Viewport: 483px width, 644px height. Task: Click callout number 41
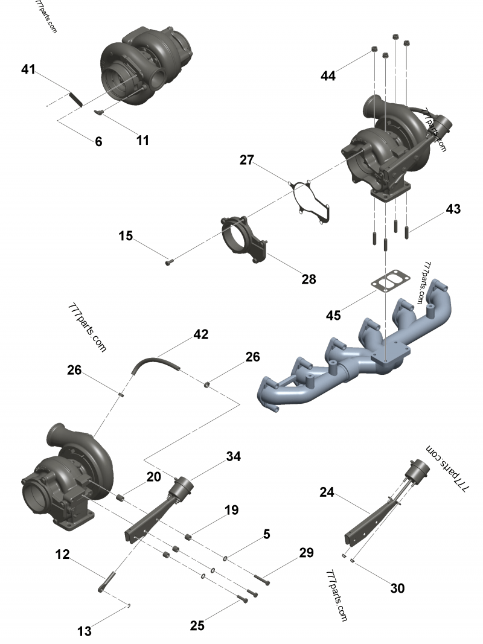[x=28, y=69]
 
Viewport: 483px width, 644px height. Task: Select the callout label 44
[x=328, y=76]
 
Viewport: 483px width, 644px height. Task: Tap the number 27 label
[x=247, y=161]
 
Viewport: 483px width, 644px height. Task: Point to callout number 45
[x=333, y=315]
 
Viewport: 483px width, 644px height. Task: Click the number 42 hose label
[x=201, y=334]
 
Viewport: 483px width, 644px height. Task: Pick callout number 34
[x=234, y=457]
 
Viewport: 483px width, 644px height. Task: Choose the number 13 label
[x=85, y=631]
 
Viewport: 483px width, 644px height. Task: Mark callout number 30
[x=397, y=588]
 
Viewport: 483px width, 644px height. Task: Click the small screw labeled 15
[x=169, y=262]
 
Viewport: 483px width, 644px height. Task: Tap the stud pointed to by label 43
[x=408, y=231]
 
